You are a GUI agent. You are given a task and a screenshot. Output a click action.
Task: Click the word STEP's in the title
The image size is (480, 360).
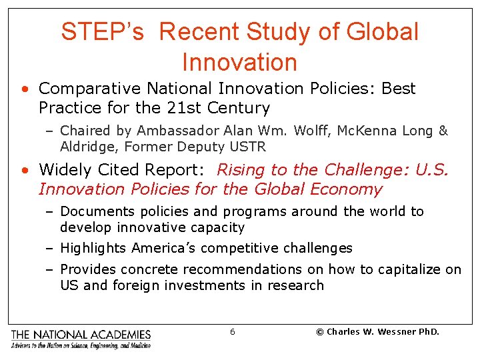(102, 31)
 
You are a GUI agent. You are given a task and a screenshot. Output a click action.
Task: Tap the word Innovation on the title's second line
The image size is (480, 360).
(239, 62)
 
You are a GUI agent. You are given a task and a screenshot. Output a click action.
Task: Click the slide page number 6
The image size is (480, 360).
(232, 331)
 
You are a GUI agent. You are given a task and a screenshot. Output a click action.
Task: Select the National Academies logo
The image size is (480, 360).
(81, 338)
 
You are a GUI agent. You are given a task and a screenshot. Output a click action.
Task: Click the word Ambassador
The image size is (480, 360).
(167, 131)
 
